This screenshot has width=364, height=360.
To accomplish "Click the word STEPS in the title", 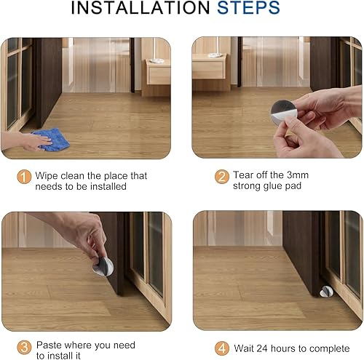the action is [x=248, y=7].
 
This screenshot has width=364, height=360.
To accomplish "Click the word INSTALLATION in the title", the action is [x=141, y=7].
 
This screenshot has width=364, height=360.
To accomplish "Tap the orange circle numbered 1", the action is [x=24, y=177].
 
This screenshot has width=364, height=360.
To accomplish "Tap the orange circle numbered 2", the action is [x=222, y=177].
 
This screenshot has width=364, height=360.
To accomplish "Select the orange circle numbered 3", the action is [x=24, y=347].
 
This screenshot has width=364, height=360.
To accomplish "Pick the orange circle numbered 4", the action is [x=222, y=348].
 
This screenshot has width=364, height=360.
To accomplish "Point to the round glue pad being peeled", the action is [x=283, y=113].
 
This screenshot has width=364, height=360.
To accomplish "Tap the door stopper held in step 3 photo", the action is [x=103, y=267].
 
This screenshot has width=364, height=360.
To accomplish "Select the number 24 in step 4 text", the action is [x=262, y=348].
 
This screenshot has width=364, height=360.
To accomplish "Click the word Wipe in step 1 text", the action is [x=47, y=176].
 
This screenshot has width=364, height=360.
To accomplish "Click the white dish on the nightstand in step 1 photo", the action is [x=157, y=60].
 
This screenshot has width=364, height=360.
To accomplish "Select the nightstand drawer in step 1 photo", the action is [x=159, y=76].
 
